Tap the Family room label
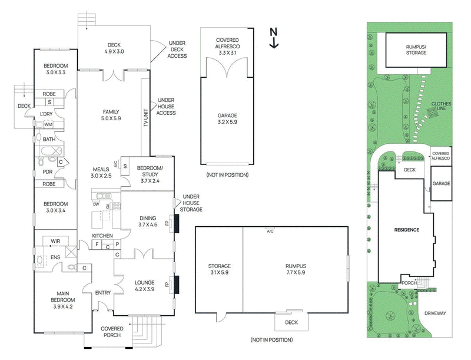point(112,115)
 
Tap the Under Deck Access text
point(177,49)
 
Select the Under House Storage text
point(193,203)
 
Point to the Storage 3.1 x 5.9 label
point(218,269)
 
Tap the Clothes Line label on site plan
point(441,107)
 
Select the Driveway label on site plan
point(436,313)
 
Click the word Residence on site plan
point(406,229)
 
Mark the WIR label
point(57,242)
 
